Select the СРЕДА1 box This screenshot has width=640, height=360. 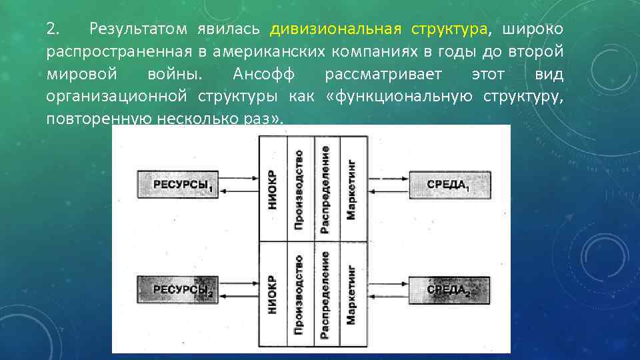click(449, 185)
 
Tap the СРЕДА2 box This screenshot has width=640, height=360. click(449, 290)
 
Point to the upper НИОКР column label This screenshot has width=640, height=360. click(272, 189)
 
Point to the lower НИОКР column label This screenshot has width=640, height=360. click(272, 294)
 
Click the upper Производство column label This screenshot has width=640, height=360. click(299, 189)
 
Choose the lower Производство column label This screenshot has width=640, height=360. click(299, 294)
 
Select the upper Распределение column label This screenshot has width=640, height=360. click(325, 189)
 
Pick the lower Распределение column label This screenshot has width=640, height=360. click(325, 294)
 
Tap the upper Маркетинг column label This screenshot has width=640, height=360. click(351, 189)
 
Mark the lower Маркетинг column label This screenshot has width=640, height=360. click(351, 294)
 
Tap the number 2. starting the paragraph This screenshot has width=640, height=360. click(53, 29)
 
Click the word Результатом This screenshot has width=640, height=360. click(138, 29)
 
